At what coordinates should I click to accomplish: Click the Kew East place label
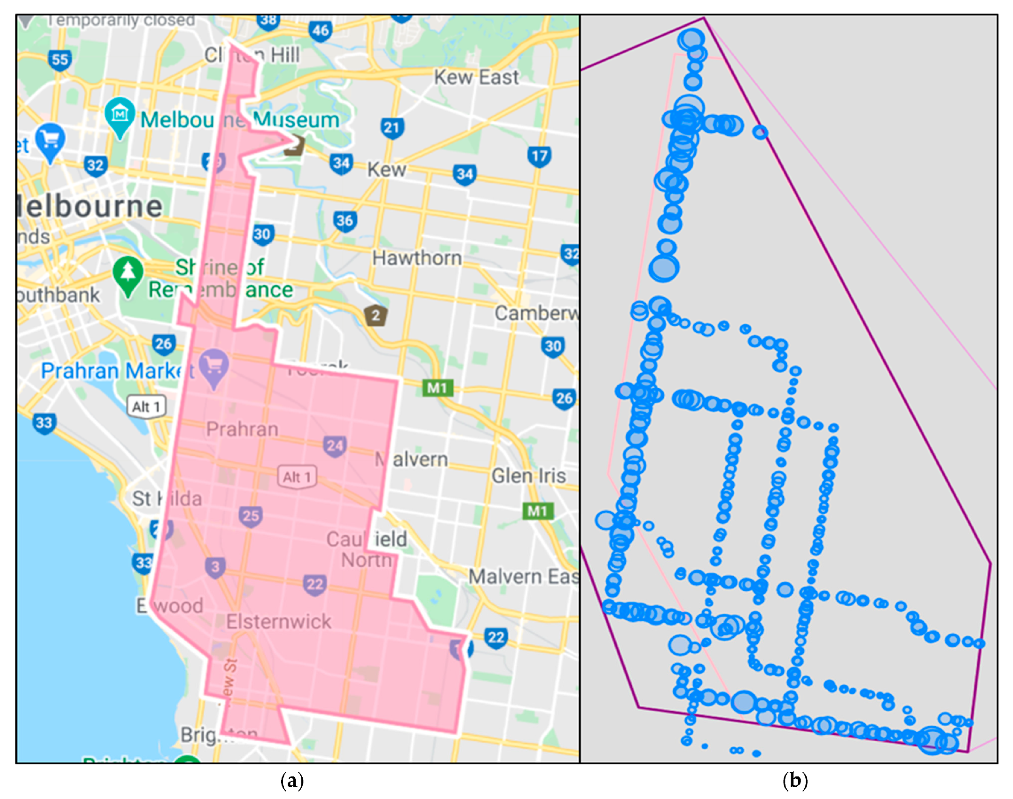476,77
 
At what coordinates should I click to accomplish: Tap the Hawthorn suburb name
416,258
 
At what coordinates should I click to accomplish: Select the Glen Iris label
528,476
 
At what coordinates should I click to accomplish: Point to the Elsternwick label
278,621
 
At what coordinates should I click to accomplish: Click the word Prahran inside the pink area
242,429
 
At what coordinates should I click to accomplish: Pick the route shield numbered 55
60,60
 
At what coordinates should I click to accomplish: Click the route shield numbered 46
321,31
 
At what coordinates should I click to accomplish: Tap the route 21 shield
392,128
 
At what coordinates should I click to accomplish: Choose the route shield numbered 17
539,156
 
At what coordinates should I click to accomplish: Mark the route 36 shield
345,221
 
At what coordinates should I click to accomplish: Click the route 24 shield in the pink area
335,446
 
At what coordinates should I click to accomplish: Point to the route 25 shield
251,516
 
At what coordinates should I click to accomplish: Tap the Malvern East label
524,576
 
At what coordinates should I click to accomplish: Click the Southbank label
59,295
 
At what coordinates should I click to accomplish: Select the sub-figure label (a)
292,781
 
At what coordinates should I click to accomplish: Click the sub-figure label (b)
795,781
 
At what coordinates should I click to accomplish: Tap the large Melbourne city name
89,206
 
